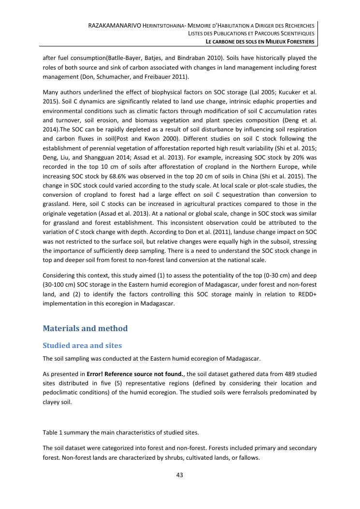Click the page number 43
coord(180,475)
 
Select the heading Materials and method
coord(85,329)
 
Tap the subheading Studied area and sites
coord(82,346)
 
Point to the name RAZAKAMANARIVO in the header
coord(112,25)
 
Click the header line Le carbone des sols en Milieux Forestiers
coord(260,42)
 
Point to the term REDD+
coord(307,294)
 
